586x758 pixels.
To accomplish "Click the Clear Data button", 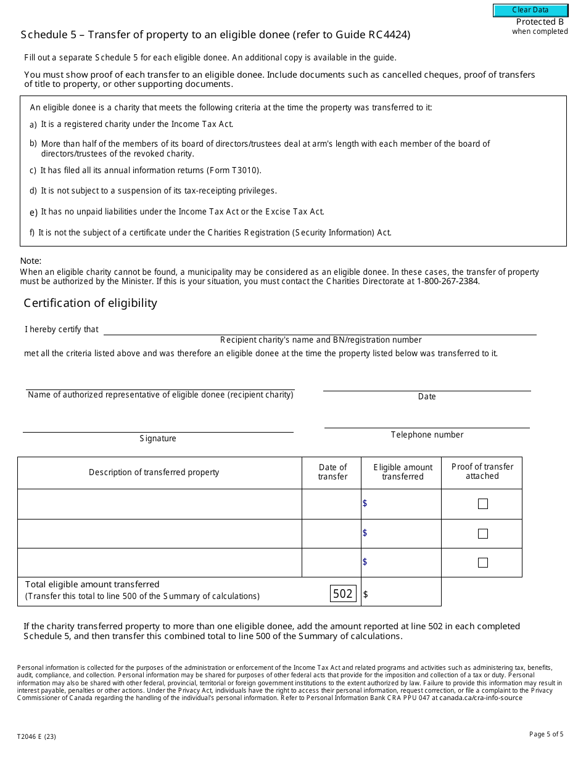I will tap(530, 10).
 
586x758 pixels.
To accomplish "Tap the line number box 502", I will tap(343, 593).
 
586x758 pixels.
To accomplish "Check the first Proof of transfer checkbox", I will tap(482, 504).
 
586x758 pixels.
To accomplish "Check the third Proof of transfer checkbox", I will tap(482, 563).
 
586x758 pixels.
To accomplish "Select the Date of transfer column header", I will tap(332, 472).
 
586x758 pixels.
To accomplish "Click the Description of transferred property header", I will tap(154, 473).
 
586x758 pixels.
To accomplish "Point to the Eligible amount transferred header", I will tap(403, 472).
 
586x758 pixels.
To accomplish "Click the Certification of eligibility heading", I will tap(90, 303).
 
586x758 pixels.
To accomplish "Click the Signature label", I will tap(158, 439).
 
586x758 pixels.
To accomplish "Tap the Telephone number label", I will tap(427, 435).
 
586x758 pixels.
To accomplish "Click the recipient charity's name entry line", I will tap(320, 329).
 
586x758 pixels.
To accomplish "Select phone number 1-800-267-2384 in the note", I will tap(448, 282).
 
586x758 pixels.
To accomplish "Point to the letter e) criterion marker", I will tap(33, 213).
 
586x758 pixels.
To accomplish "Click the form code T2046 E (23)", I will tap(39, 736).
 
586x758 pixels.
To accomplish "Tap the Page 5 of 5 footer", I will tap(546, 734).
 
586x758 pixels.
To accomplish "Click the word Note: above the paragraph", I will tap(31, 261).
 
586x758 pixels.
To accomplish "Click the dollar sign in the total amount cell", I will tap(366, 594).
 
